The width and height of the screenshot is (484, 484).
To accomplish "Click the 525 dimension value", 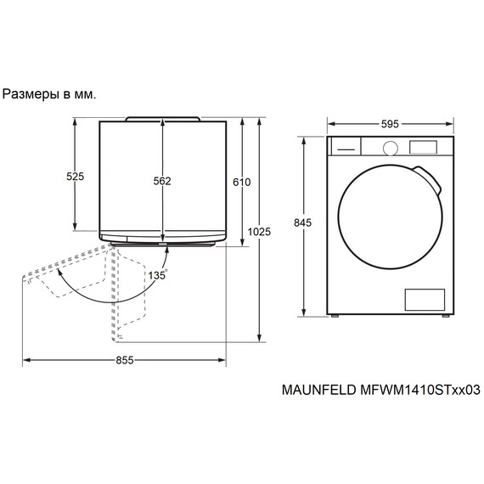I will (76, 177).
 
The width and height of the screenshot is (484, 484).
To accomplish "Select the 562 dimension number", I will (162, 181).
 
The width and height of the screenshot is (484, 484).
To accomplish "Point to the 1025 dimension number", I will (259, 232).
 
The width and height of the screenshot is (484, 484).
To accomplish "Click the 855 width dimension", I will (124, 360).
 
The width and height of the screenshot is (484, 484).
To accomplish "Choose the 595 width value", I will (390, 124).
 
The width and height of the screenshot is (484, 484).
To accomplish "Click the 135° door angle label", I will (156, 275).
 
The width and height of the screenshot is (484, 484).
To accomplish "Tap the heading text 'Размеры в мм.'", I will (50, 94).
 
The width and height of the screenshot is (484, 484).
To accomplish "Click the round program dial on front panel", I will (390, 147).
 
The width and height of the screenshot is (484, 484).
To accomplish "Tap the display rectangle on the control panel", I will (422, 147).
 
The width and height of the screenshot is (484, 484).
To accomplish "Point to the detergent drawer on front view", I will (344, 147).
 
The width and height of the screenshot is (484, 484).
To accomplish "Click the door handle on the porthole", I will (432, 180).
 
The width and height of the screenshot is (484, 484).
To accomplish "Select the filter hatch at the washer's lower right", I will (424, 298).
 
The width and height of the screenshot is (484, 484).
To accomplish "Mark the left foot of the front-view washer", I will (335, 316).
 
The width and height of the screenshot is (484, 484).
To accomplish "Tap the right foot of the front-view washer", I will (444, 316).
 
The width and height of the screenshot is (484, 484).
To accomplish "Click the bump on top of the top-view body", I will (162, 118).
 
